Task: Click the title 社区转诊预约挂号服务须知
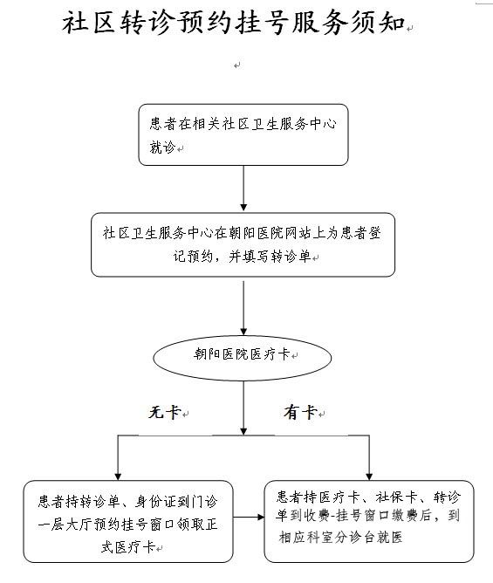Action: click(234, 23)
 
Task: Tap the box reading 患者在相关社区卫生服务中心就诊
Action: click(243, 134)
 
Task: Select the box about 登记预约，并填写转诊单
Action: click(243, 244)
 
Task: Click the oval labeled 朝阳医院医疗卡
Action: click(242, 357)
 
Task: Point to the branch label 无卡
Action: click(165, 412)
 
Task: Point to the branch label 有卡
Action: click(300, 412)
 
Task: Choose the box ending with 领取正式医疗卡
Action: click(128, 521)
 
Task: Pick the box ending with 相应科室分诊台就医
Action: click(369, 521)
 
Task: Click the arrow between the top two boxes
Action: click(243, 189)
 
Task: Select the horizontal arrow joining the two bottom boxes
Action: click(249, 517)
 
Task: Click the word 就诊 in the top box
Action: click(162, 147)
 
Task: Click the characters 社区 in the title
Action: click(90, 23)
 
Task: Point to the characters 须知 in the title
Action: click(378, 23)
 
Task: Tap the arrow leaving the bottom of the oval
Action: click(243, 408)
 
